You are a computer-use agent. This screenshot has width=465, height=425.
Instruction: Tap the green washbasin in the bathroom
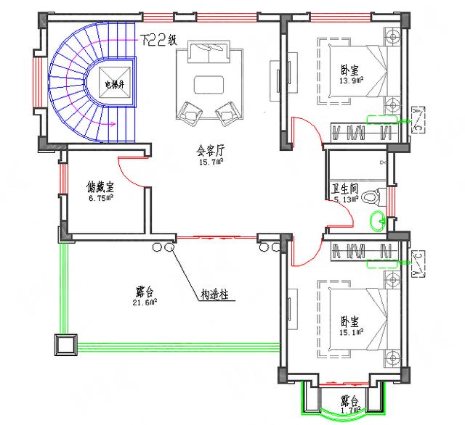377,220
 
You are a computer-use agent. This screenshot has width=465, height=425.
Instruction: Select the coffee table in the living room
211,84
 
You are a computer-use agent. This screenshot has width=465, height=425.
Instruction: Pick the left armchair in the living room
190,111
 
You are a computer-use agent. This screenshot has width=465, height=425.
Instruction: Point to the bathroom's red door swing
341,215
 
